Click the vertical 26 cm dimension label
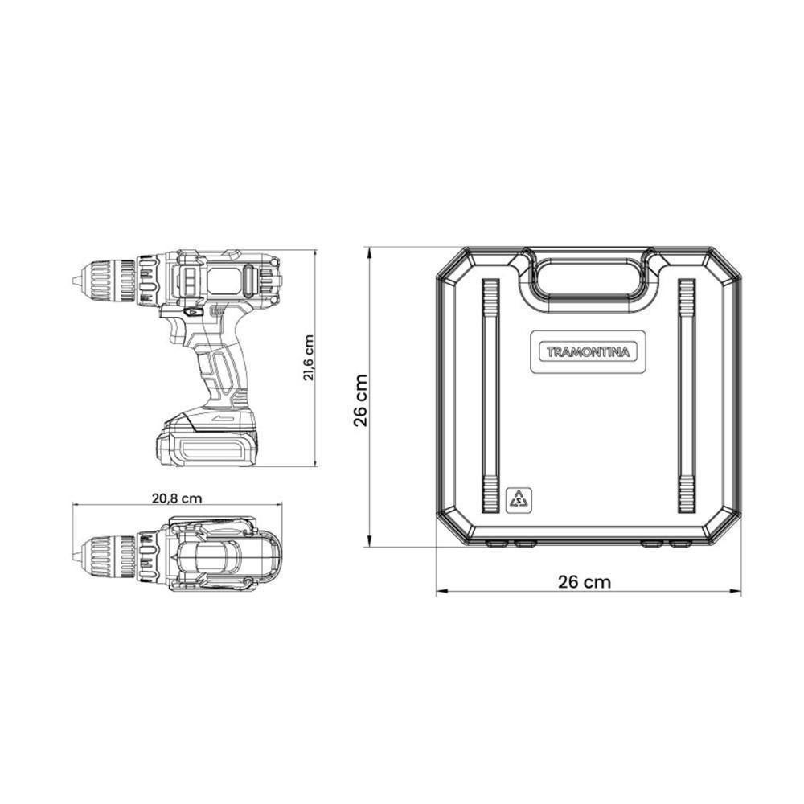coord(361,400)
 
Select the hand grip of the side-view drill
coord(221,370)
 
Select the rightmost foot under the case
coord(680,544)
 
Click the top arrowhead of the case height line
coord(369,251)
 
